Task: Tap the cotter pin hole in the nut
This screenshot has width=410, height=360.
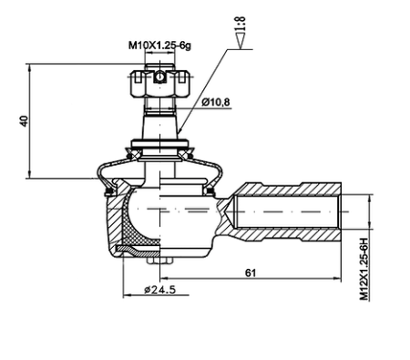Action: click(x=159, y=77)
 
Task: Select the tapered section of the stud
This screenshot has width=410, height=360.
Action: click(x=159, y=119)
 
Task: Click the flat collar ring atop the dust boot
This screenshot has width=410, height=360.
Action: click(x=159, y=142)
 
